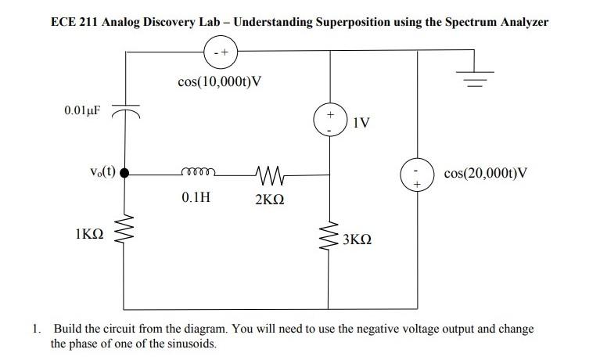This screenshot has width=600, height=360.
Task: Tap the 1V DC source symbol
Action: (x=329, y=121)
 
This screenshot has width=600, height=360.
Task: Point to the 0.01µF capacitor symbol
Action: (x=124, y=111)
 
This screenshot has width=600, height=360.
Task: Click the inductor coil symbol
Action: (x=195, y=173)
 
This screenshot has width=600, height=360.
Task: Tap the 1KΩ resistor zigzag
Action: (x=124, y=230)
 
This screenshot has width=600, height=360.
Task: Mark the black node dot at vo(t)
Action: (x=124, y=174)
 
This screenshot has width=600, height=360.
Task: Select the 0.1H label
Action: (x=195, y=197)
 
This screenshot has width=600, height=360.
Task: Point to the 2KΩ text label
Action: (x=269, y=199)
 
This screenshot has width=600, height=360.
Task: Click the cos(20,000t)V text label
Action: (x=486, y=173)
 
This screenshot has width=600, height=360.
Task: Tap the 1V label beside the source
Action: (x=361, y=123)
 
